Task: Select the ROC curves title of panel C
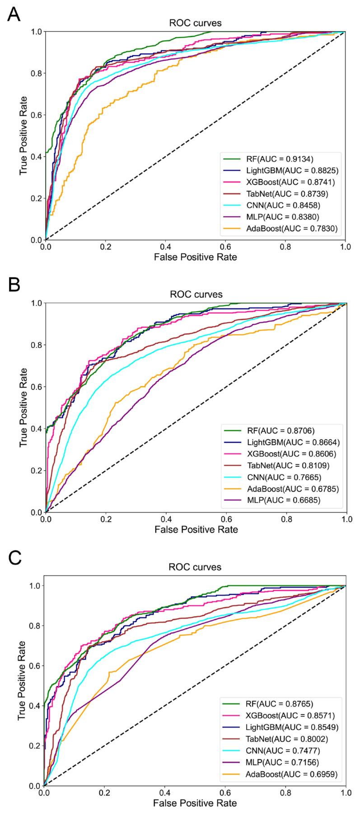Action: point(195,567)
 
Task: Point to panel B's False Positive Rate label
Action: point(196,529)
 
